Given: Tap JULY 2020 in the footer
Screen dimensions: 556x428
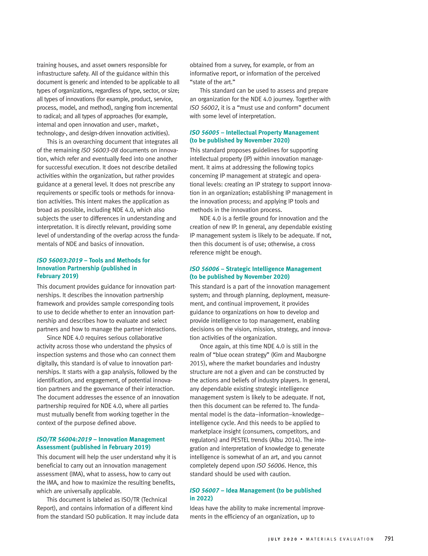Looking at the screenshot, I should [282, 539].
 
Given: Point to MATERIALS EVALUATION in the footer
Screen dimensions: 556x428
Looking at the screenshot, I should [340, 539].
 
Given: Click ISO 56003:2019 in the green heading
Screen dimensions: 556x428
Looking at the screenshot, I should [60, 260].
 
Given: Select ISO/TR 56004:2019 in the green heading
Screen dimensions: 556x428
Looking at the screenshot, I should [64, 439].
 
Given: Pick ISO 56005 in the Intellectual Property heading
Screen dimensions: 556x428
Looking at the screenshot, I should [204, 132].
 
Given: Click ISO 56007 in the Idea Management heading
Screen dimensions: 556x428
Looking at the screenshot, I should [204, 490].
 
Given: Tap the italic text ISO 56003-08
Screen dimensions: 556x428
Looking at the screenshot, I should [100, 150].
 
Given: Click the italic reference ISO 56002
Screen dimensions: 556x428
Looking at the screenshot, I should [204, 108].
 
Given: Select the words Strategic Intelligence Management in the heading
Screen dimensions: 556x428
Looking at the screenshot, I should [274, 269].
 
